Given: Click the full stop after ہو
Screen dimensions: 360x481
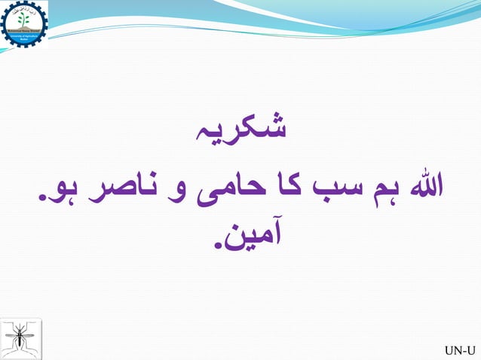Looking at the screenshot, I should [41, 199].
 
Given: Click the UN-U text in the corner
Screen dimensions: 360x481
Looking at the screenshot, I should [460, 350].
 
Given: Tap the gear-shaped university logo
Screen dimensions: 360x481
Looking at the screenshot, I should [25, 24].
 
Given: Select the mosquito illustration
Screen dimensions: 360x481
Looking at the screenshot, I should [22, 337].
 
